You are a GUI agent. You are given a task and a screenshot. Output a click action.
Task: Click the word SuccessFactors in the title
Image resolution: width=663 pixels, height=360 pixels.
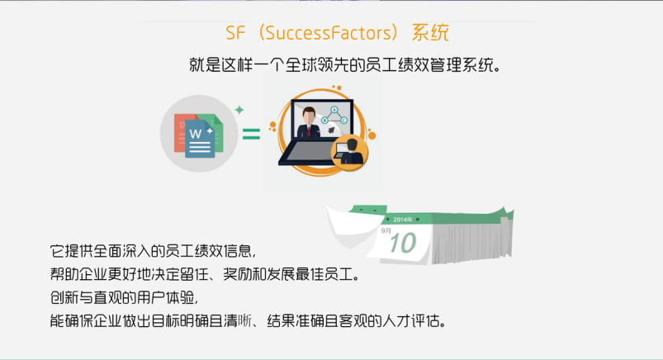(x=329, y=32)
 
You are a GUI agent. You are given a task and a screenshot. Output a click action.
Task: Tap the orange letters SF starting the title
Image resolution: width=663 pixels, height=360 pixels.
(x=235, y=33)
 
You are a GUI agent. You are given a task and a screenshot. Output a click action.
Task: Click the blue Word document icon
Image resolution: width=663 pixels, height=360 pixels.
(x=200, y=139)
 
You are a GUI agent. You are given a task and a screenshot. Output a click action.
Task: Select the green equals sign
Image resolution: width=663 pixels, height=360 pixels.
(x=251, y=134)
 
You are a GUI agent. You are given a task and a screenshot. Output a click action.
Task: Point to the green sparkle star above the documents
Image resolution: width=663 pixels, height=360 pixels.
(x=239, y=110)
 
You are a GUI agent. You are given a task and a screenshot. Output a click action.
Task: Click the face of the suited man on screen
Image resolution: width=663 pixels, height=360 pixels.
(x=309, y=116)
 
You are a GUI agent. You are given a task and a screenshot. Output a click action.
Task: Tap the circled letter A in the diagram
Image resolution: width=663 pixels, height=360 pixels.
(x=334, y=110)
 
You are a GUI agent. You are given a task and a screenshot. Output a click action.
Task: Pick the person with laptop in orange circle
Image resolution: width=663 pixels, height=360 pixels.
(x=350, y=152)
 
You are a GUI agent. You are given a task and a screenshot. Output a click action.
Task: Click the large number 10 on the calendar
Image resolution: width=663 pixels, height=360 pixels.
(x=403, y=243)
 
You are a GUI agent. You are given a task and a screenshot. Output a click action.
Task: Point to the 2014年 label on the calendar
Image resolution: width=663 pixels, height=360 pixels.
(x=402, y=220)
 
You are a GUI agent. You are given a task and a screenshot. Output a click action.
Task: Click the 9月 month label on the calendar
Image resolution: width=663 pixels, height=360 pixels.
(x=386, y=230)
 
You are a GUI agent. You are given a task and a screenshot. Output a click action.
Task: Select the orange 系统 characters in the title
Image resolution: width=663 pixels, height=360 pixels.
(x=430, y=32)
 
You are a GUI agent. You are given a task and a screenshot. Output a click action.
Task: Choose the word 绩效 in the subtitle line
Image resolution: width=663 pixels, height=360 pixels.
(x=414, y=65)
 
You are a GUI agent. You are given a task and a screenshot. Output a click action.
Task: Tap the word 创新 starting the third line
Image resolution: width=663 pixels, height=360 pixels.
(x=64, y=297)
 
